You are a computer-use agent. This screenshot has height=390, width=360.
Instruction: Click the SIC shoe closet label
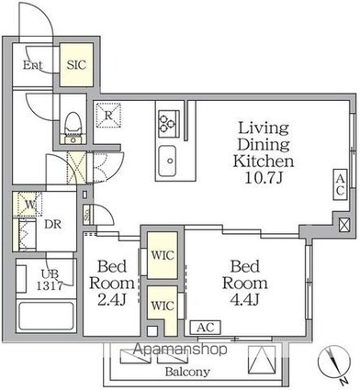76,65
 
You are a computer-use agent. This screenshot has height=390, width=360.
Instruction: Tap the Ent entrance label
33,65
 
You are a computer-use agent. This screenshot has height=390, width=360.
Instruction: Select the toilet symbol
73,128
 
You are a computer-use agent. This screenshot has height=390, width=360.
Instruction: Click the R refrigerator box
108,115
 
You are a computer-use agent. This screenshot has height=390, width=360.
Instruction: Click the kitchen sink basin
167,161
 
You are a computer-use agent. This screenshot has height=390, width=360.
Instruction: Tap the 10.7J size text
264,178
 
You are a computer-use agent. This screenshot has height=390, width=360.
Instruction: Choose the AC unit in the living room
340,184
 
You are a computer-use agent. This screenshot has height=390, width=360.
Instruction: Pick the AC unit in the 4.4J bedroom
205,328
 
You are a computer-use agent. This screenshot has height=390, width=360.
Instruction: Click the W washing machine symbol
29,204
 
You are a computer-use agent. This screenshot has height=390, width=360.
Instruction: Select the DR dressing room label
53,225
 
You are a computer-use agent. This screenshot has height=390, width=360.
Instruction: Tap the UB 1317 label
50,280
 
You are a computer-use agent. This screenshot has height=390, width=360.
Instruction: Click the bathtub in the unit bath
46,316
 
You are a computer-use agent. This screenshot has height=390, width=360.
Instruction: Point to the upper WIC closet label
163,255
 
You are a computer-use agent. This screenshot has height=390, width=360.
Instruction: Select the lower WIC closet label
163,306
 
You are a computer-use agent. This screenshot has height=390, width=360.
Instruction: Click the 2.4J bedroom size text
112,300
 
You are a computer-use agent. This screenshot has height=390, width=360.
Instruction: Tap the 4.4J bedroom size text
245,300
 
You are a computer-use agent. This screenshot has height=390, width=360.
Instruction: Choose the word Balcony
187,372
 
